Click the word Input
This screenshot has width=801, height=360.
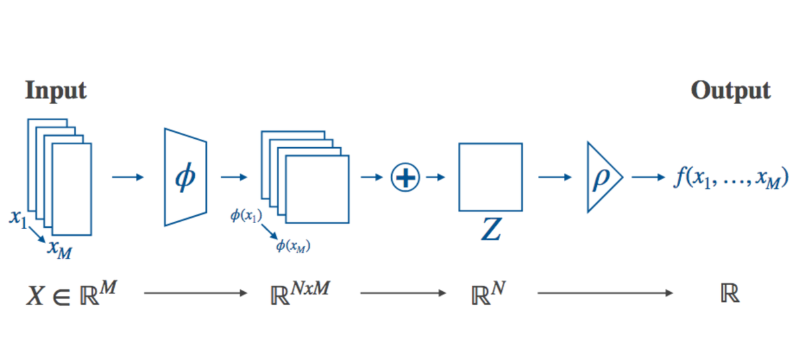coord(56,91)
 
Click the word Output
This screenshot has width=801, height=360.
coord(731,91)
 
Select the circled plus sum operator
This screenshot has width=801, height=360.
coord(405,178)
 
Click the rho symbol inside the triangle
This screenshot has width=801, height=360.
coord(600,178)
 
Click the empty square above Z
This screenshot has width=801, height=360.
coord(490,177)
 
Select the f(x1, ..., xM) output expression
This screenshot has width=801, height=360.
coord(726,178)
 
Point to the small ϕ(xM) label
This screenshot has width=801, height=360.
coord(293,246)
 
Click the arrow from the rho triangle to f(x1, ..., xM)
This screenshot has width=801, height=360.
coord(646,178)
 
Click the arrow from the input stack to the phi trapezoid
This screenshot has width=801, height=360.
coord(128,178)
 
